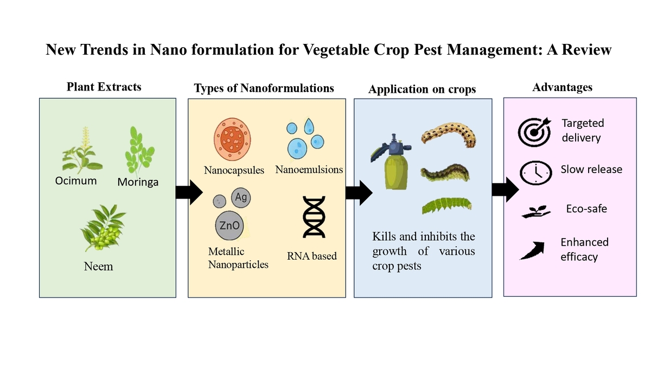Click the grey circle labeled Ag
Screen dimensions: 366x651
pos(240,198)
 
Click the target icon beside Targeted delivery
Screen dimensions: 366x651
pos(534,130)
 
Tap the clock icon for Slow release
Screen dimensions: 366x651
pos(534,172)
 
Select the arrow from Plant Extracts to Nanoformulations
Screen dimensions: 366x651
pos(189,192)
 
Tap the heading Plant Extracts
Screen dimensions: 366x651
pos(104,87)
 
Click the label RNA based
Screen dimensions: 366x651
pos(312,255)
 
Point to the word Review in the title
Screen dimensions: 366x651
pos(588,50)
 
